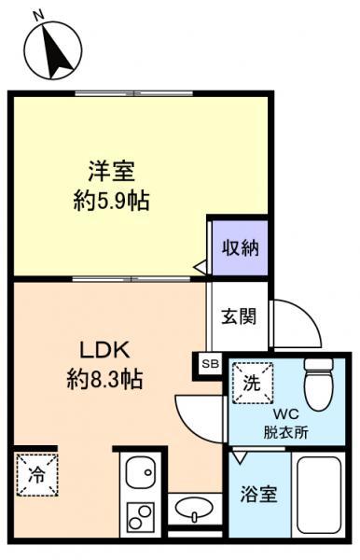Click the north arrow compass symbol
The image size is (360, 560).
53,50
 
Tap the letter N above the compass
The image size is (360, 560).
38,15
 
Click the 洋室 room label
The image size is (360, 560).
112,172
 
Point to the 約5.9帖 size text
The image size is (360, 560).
111,201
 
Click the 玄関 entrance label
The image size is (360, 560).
239,316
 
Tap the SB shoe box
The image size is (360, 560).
210,364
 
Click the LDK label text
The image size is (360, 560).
104,351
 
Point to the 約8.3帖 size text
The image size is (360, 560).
105,379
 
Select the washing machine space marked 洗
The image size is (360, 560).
252,383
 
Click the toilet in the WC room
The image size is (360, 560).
319,384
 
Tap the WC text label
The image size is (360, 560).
285,414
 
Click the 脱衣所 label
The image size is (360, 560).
285,433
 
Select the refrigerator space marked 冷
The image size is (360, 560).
37,475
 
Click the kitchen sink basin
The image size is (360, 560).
141,471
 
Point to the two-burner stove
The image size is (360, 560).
140,517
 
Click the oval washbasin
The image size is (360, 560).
194,508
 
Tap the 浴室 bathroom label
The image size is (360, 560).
258,495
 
